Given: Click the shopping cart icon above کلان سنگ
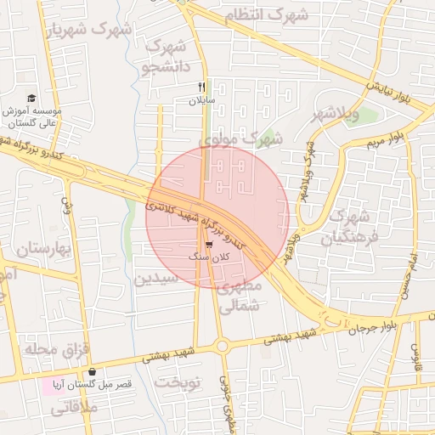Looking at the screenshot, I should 209,244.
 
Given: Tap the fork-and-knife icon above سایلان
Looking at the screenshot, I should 202,87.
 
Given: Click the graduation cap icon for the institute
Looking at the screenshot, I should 31,99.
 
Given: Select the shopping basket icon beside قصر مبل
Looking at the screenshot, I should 91,372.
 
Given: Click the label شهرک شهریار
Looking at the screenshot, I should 91,30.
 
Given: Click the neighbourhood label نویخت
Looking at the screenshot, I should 177,382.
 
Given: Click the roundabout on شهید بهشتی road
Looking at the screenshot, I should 223,346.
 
